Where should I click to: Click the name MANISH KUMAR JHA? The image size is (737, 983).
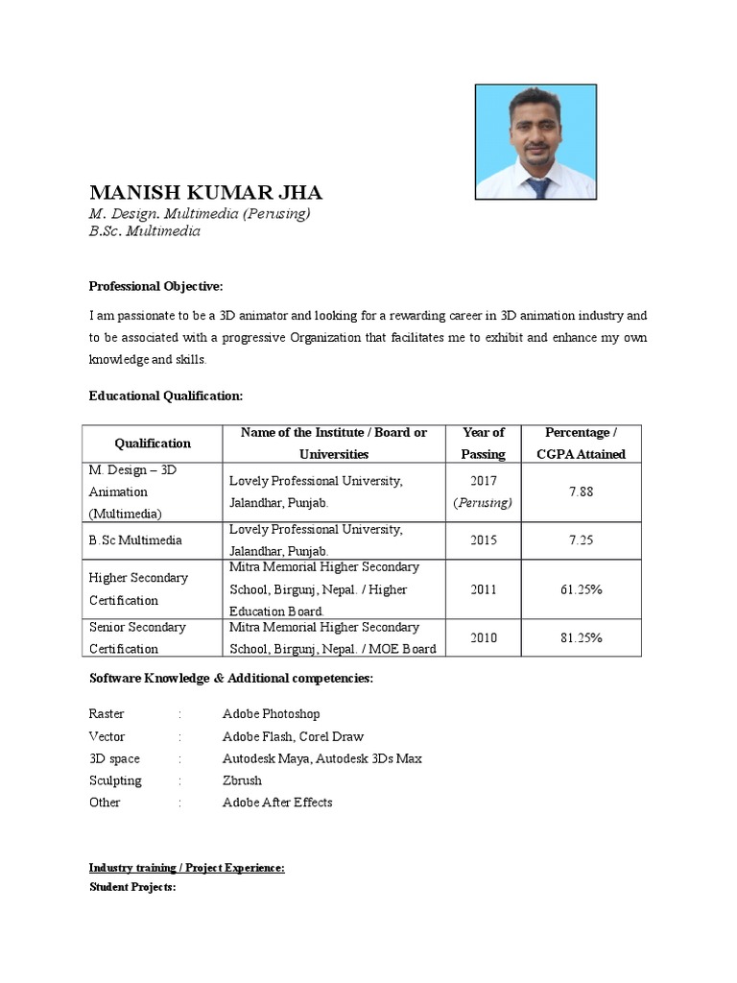[205, 192]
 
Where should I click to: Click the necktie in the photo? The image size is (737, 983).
[539, 184]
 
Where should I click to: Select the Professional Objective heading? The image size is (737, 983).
[155, 286]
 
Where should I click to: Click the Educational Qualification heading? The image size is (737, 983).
[166, 396]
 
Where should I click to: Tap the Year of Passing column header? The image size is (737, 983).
[483, 444]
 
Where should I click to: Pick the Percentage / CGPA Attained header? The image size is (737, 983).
[581, 444]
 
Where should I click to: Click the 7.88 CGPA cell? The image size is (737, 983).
[581, 491]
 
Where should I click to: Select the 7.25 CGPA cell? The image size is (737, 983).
[581, 540]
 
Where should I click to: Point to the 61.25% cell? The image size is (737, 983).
[581, 589]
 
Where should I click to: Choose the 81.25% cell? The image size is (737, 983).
[581, 637]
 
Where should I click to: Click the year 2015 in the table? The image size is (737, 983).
[483, 540]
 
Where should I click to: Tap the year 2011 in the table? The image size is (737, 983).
[483, 589]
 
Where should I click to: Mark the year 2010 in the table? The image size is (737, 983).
[483, 637]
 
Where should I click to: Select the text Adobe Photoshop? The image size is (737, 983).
[271, 714]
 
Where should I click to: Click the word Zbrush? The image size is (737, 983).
[242, 780]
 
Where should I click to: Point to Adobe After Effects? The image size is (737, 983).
[277, 803]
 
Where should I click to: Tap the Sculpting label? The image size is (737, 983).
[115, 780]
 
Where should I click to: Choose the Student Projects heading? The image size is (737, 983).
[132, 887]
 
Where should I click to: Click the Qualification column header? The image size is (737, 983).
[153, 444]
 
